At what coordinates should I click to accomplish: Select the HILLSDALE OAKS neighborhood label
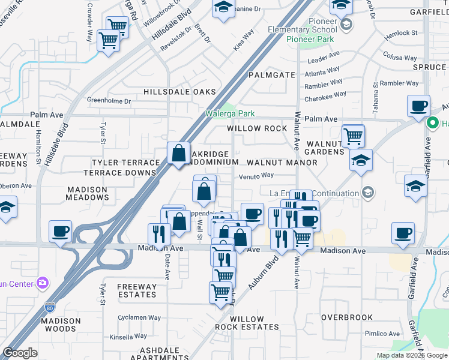(x=179, y=92)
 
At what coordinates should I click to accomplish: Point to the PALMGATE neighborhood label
(x=272, y=75)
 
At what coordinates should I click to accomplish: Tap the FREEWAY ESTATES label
(x=136, y=290)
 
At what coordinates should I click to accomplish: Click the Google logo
(x=20, y=353)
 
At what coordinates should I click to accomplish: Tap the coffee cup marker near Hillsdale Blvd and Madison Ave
(x=60, y=231)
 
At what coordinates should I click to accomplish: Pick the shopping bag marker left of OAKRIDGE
(x=179, y=153)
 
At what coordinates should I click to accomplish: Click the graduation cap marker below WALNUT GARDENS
(x=361, y=160)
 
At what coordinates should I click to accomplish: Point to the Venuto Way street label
(x=256, y=175)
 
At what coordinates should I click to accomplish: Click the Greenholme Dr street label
(x=109, y=101)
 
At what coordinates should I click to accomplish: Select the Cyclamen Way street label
(x=139, y=317)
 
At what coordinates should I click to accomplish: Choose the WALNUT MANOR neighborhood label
(x=282, y=163)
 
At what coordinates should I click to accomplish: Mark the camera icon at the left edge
(x=42, y=282)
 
